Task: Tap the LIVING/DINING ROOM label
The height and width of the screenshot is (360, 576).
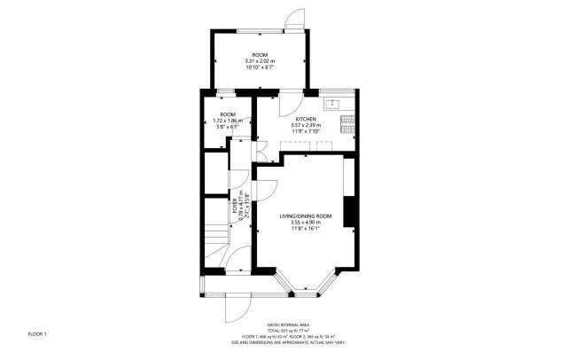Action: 305,215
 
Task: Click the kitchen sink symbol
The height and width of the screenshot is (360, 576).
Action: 335,104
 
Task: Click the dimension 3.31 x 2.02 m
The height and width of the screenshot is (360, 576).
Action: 260,60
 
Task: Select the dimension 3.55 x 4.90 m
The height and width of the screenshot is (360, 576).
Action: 305,222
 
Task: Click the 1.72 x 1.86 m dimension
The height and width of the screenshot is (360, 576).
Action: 229,121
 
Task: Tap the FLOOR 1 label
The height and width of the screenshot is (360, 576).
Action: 37,333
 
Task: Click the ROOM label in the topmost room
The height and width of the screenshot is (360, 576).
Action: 260,55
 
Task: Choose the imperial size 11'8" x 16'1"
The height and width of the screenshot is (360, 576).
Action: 305,228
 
